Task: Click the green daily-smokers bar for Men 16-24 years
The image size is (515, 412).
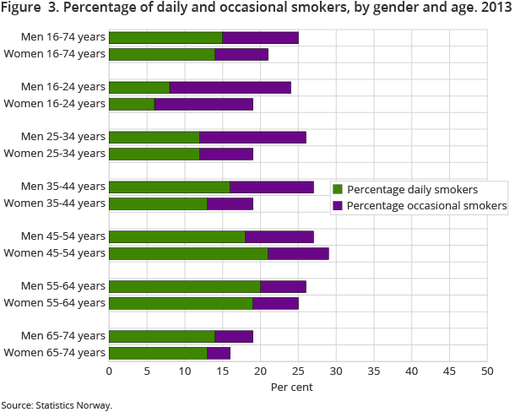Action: (x=139, y=87)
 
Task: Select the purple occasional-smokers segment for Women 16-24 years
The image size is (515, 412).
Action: (x=203, y=104)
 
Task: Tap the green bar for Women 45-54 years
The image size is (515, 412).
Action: (x=188, y=253)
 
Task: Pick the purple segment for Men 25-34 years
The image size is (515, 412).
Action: (x=252, y=137)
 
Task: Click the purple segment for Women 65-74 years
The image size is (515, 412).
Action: (x=219, y=352)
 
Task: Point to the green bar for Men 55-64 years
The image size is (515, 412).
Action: (x=185, y=286)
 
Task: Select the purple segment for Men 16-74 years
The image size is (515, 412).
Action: (x=260, y=38)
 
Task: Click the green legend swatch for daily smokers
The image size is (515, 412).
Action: (x=338, y=189)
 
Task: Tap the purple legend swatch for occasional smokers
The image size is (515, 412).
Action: (x=338, y=205)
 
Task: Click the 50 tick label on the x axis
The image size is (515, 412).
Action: (x=486, y=370)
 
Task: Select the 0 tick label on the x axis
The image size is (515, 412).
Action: (x=109, y=370)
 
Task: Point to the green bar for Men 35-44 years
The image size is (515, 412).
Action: (x=170, y=187)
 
